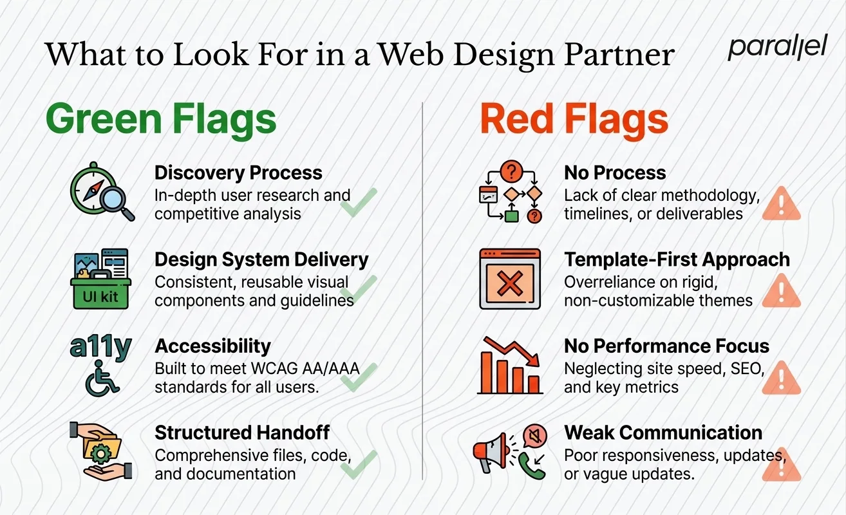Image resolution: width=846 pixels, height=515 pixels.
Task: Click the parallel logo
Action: click(776, 48)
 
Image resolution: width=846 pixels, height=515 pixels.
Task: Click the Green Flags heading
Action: click(161, 120)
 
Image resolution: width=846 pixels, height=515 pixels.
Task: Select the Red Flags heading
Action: click(574, 120)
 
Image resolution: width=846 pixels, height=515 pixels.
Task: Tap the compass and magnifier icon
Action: click(102, 192)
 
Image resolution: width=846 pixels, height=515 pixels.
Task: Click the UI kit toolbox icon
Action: click(100, 278)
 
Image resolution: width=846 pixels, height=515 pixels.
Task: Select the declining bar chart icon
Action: click(511, 364)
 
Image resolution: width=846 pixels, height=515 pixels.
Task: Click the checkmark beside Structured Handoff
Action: click(359, 464)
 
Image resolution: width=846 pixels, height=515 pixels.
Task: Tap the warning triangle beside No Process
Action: click(781, 203)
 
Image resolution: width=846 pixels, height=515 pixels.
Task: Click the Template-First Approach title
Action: click(677, 259)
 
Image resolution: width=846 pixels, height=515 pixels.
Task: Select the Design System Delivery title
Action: click(261, 259)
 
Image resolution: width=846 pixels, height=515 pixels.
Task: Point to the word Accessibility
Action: click(212, 346)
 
